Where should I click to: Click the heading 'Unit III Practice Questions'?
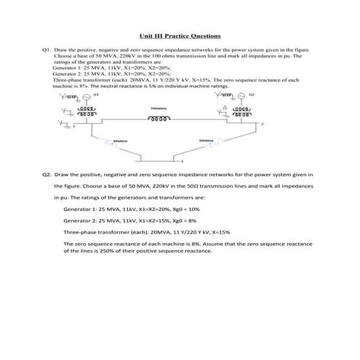coord(180,36)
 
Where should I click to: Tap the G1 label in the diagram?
coord(97,95)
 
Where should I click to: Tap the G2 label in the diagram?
coord(251,95)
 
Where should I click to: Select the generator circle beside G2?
coord(242,97)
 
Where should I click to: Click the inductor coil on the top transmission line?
coord(159,114)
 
